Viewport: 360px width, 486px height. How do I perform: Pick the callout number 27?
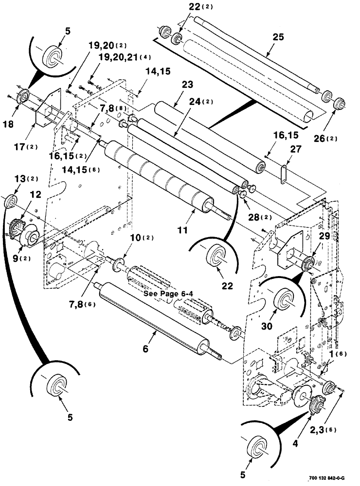(x=297, y=151)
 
